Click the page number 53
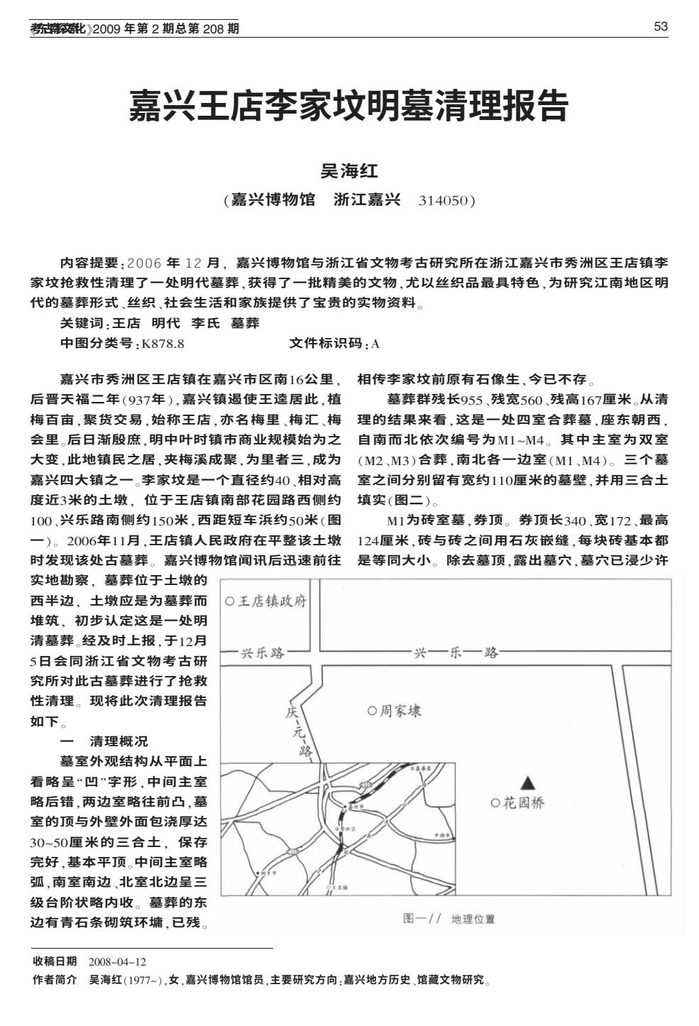click(x=660, y=27)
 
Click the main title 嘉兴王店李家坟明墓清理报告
click(x=348, y=106)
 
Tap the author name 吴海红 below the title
click(x=349, y=170)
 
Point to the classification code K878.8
click(x=163, y=344)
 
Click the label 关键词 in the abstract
click(x=82, y=324)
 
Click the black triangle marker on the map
click(x=527, y=782)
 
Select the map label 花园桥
click(x=524, y=803)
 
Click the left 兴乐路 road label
click(x=263, y=653)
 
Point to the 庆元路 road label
click(x=299, y=731)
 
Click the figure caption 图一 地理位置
click(x=448, y=919)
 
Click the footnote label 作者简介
click(x=55, y=980)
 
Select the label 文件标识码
click(x=329, y=344)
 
